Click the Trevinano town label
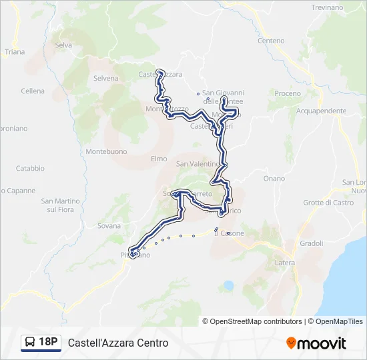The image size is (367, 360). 328,7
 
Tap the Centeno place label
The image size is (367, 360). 271,41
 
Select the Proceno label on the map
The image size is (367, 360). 288,93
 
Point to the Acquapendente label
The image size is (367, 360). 322,111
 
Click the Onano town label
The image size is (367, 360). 274,179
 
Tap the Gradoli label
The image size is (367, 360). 312,243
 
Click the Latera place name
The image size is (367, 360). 285,264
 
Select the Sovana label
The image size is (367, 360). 109,226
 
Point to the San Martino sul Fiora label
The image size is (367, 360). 61,205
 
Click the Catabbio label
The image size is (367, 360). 30,169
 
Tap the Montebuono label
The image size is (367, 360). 106,151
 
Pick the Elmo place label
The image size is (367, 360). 159,159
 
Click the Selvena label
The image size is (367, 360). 105,78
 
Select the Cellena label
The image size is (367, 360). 33,91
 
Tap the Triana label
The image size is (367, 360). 14,52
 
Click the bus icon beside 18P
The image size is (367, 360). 30,343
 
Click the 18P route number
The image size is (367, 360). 48,343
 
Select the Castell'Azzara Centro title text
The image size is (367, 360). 118,343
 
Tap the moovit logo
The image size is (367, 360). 316,343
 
